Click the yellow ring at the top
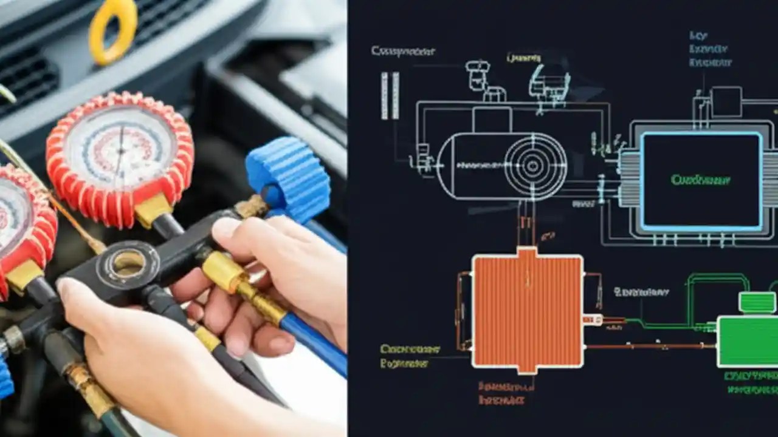113,30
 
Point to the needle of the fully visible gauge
120,152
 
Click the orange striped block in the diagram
528,310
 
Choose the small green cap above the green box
757,302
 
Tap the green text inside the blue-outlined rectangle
700,180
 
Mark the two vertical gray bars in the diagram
390,95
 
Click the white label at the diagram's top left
402,52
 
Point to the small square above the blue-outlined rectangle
726,101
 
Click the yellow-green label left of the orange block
410,356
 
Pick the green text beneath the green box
751,383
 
